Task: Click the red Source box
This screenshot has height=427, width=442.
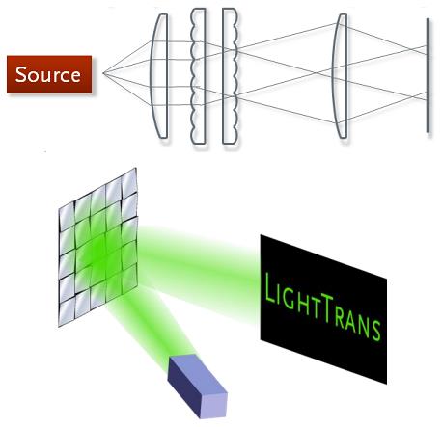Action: [x=49, y=74]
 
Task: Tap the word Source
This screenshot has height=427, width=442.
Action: [x=48, y=74]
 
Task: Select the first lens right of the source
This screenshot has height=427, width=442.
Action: [x=159, y=76]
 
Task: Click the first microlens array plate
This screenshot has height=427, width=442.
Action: [x=198, y=76]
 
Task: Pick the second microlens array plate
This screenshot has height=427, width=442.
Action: [x=230, y=76]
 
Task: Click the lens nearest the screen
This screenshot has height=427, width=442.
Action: [x=341, y=76]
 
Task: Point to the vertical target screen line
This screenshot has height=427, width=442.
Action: [x=428, y=75]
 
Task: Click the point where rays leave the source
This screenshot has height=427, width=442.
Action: [x=103, y=73]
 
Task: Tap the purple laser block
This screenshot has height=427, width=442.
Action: [x=198, y=386]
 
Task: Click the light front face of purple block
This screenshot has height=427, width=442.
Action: [x=214, y=406]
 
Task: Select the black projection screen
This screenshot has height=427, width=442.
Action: [x=323, y=309]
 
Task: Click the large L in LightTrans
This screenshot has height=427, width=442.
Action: [x=269, y=288]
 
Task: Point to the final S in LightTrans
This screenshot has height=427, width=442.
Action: [x=375, y=330]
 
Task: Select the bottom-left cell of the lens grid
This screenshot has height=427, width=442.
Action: [x=67, y=311]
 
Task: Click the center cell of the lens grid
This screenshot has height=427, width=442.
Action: [x=97, y=247]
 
